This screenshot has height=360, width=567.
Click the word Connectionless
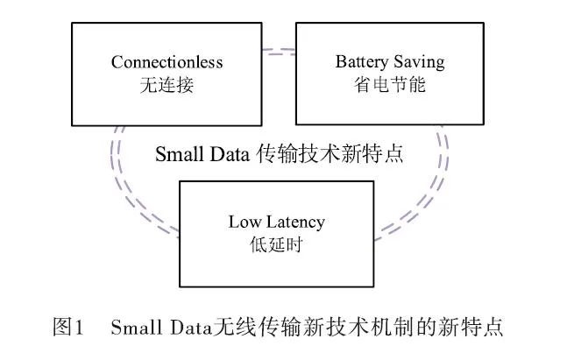point(167,62)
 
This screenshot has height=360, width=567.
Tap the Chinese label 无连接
point(167,85)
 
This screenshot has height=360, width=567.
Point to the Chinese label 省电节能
point(390,85)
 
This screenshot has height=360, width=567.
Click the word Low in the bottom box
point(244,222)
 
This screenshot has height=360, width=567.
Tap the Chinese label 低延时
point(275,244)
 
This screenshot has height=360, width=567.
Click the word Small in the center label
point(179,154)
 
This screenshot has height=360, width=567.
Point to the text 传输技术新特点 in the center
point(329,154)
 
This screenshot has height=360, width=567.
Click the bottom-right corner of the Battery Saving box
point(485,124)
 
